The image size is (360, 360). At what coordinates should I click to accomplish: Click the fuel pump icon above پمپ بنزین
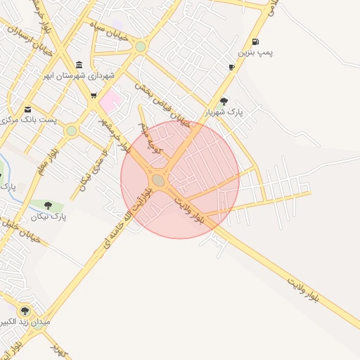tap(255, 41)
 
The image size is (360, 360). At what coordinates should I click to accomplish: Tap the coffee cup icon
tap(231, 67)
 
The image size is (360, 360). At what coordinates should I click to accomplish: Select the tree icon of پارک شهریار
tap(224, 101)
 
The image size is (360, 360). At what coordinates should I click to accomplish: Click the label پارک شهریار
tap(224, 112)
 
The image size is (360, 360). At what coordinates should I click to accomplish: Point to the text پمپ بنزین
tap(255, 53)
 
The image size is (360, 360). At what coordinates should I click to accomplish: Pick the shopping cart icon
tap(93, 95)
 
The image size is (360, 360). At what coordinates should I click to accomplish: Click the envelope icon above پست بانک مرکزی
tap(27, 109)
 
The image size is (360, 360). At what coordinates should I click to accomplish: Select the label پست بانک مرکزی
tap(28, 120)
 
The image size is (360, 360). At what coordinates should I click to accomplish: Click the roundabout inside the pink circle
tap(159, 181)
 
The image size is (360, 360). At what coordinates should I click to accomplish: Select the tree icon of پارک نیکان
tap(49, 205)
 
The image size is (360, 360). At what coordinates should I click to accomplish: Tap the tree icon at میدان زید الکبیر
tap(25, 311)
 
